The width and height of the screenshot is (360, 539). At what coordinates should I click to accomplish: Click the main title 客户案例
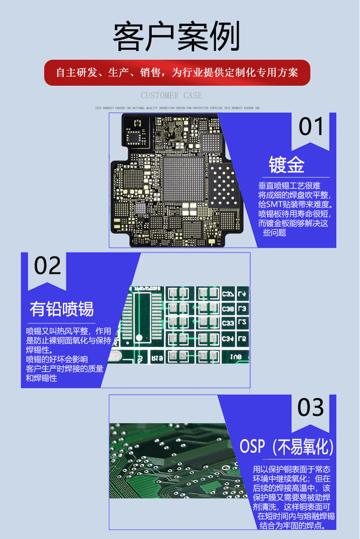pos(176,37)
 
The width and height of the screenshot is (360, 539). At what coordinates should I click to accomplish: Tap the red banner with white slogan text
pos(177,73)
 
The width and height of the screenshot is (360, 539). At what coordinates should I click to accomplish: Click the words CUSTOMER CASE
pos(171,95)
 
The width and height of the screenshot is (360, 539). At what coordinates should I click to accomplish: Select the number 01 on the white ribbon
pos(311,127)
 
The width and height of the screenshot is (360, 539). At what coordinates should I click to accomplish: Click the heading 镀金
pos(286,165)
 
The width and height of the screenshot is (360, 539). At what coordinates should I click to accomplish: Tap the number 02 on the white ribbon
pos(47,266)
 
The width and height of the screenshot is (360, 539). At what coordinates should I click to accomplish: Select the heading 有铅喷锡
pos(62,309)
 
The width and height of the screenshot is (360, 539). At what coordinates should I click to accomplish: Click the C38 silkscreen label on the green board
pos(228,309)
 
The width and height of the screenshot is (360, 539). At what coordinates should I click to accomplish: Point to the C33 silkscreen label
pos(228,323)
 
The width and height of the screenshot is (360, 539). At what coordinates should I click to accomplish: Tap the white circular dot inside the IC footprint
pos(140,337)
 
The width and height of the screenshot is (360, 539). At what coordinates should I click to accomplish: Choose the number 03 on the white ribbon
pos(311,408)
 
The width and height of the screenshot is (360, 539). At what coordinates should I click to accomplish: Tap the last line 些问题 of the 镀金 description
pos(274,233)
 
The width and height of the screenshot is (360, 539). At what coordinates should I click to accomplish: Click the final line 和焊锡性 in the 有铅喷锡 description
pos(41,378)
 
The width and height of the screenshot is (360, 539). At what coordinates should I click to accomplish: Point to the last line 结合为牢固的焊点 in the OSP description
pos(293,526)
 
